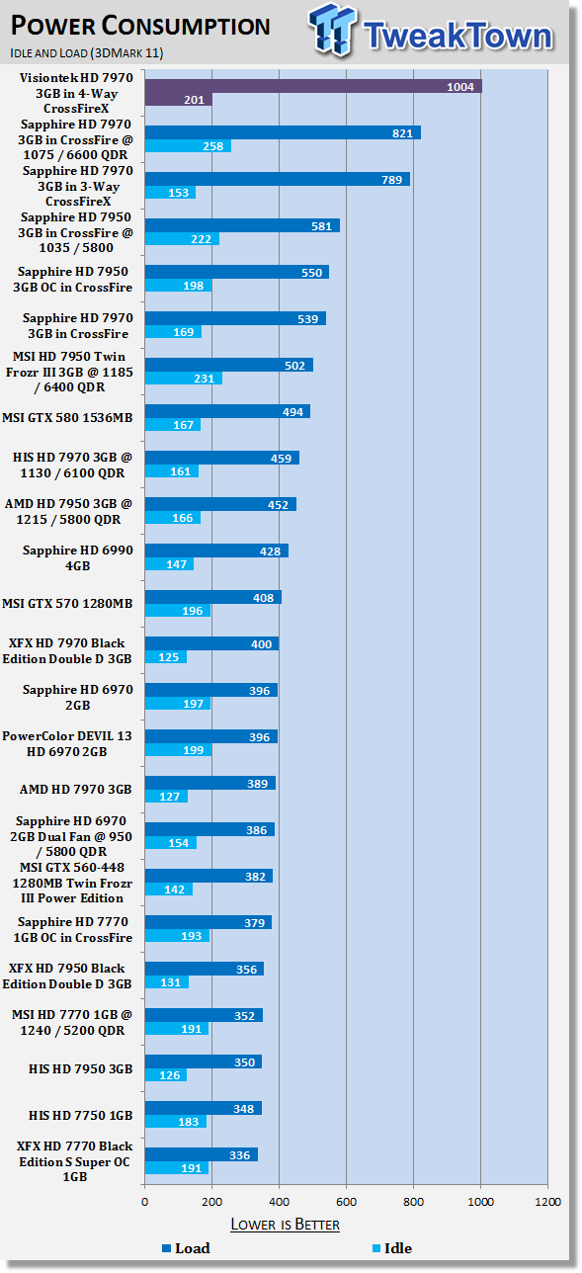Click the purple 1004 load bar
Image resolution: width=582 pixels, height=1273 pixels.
[x=313, y=86]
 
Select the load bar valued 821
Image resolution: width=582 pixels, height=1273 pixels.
[x=283, y=132]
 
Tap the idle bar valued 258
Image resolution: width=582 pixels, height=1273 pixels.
[x=188, y=146]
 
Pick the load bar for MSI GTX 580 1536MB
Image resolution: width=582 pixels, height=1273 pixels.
[x=227, y=411]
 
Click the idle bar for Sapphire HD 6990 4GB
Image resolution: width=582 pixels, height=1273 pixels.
[x=169, y=563]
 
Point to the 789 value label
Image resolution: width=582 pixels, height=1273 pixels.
[x=391, y=180]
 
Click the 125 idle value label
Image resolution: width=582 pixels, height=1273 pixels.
[x=169, y=657]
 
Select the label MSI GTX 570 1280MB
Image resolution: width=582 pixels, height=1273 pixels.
[x=67, y=603]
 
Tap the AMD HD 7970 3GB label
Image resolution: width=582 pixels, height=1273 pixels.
[x=76, y=789]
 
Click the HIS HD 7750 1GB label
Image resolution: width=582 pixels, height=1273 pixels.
[x=81, y=1115]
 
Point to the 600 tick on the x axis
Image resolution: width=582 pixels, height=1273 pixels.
[x=346, y=1202]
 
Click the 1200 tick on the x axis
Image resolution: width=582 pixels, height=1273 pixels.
[x=547, y=1202]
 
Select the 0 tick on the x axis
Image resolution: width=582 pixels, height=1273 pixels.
[x=145, y=1202]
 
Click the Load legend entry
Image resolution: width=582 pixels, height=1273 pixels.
[x=186, y=1248]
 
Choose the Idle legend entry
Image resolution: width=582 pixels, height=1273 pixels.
[x=392, y=1248]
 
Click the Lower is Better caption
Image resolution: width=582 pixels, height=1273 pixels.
[x=286, y=1225]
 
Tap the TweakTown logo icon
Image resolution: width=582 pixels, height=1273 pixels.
[x=332, y=30]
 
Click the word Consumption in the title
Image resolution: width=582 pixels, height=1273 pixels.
[x=186, y=26]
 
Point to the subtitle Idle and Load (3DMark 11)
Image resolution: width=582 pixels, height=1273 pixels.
[x=87, y=52]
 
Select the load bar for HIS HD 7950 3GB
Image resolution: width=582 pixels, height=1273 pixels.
[x=204, y=1061]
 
